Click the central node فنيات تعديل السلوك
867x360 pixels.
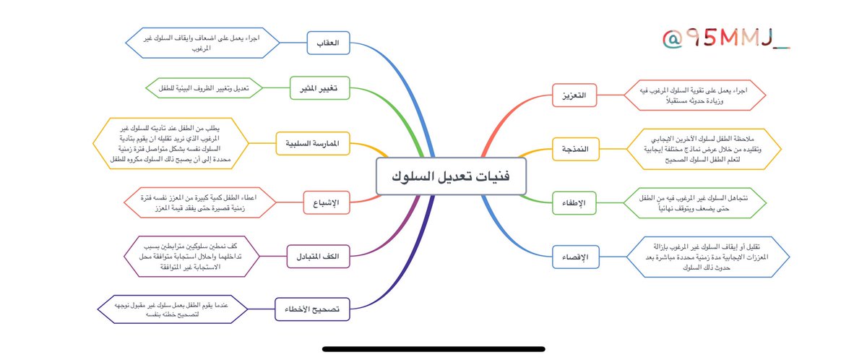click(452, 176)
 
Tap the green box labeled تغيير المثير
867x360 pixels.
click(319, 88)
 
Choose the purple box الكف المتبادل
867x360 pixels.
click(319, 256)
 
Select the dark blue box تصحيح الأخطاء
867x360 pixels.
click(312, 309)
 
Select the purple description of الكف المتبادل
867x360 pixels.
click(197, 256)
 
